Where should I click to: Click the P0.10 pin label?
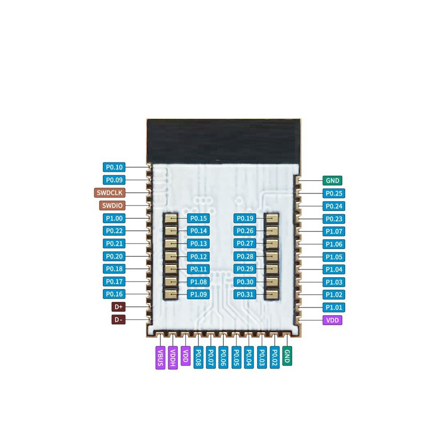[x=114, y=167]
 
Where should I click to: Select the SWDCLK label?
[x=109, y=193]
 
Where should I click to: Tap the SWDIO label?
[x=112, y=205]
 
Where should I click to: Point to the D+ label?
[x=118, y=307]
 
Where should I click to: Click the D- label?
[x=118, y=320]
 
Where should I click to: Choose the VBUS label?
[x=160, y=357]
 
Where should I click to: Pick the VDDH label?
[x=173, y=357]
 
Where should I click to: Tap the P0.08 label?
[x=198, y=357]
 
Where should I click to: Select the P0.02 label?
[x=274, y=357]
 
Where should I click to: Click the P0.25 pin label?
[x=334, y=193]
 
